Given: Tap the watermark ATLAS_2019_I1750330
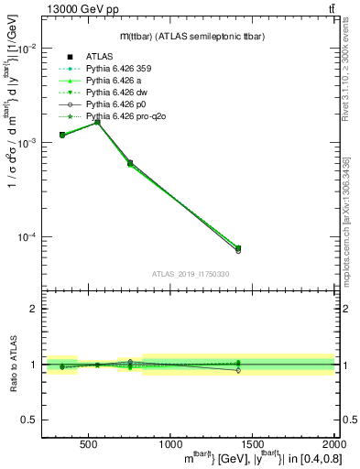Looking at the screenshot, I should point(190,274).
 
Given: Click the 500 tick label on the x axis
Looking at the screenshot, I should point(90,445).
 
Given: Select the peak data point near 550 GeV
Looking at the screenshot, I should point(98,121).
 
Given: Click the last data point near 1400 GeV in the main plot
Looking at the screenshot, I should point(238,248).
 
